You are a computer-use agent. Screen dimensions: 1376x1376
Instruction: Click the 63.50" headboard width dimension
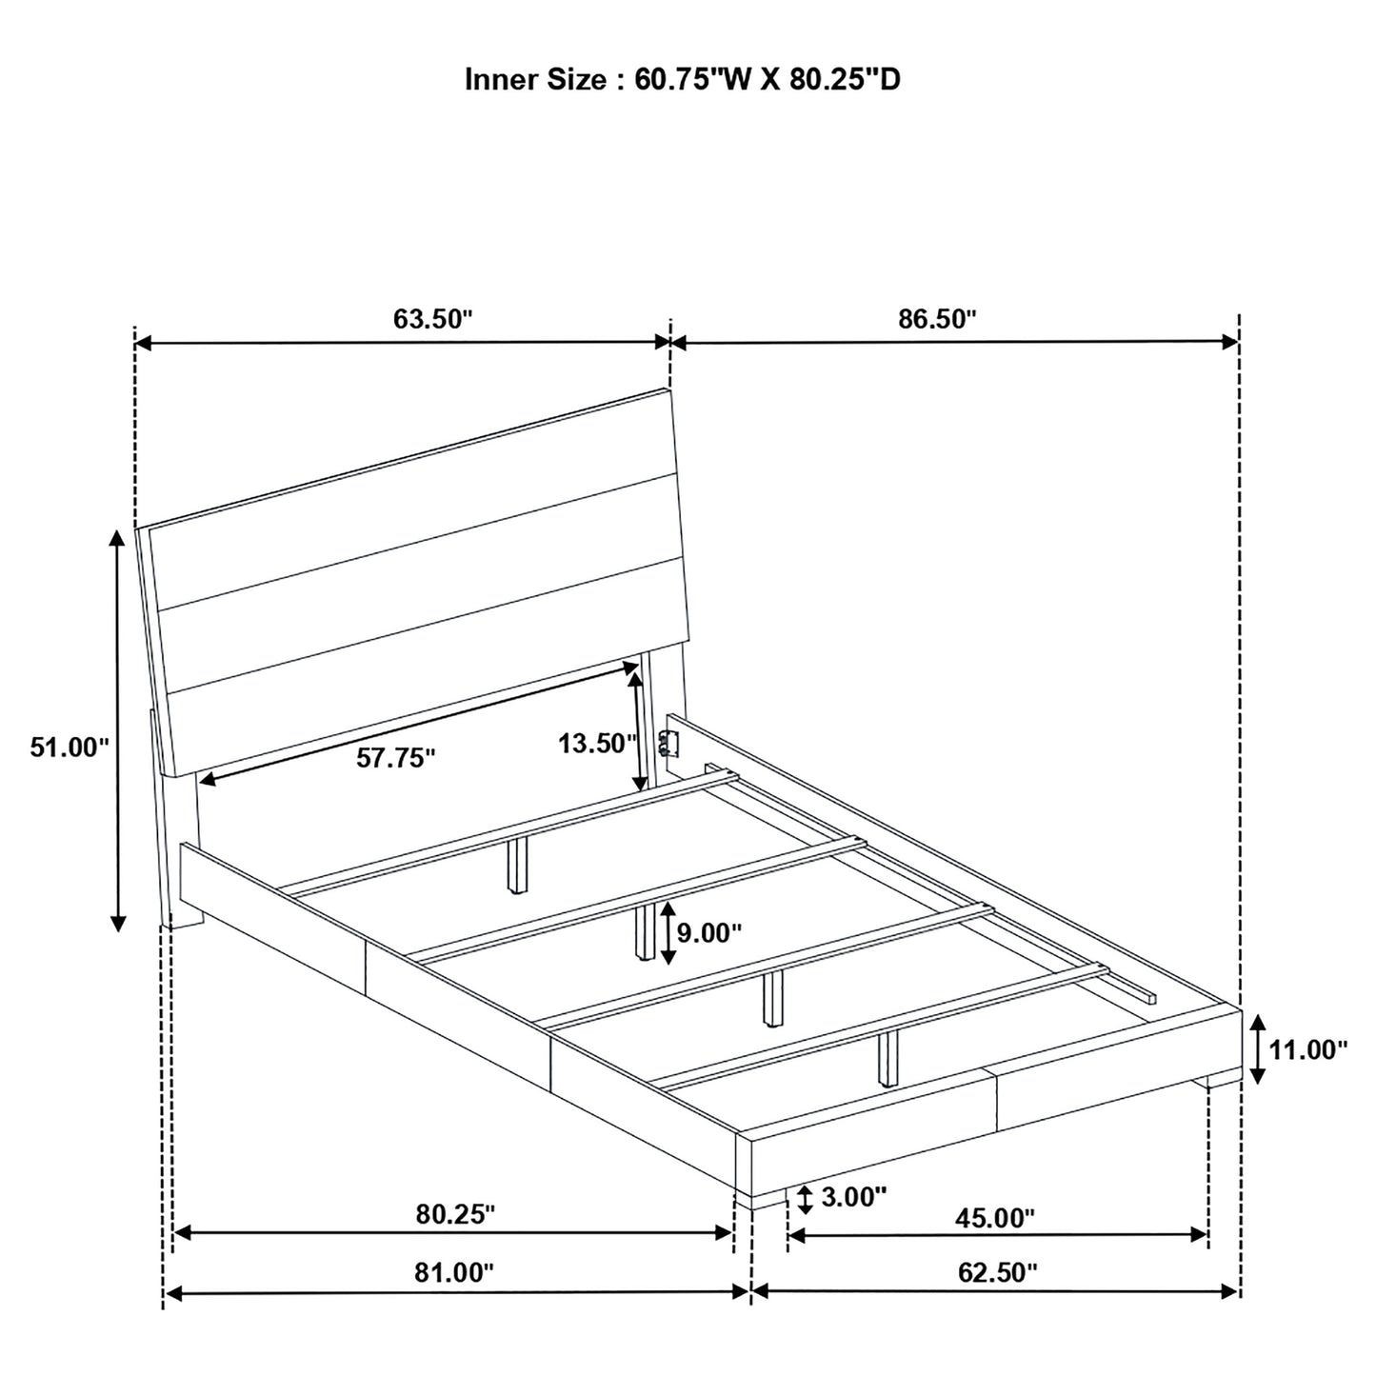432,318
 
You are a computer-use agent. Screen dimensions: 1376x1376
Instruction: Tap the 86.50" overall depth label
937,318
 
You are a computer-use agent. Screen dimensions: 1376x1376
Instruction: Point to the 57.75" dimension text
395,758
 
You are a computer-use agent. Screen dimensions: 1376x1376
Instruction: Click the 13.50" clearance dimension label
598,744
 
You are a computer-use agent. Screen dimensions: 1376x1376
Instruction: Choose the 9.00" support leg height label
709,932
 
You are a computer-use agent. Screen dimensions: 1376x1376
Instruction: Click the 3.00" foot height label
854,1196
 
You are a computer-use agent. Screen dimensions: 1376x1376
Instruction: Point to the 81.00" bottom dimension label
454,1272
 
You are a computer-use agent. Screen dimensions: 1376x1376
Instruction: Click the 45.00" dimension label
995,1218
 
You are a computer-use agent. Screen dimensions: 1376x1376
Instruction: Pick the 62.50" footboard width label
998,1272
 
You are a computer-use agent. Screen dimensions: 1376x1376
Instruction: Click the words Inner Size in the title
535,79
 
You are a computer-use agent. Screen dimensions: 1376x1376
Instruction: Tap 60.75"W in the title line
692,79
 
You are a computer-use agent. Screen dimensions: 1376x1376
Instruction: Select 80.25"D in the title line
845,79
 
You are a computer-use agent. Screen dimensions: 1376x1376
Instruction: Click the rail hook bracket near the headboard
667,745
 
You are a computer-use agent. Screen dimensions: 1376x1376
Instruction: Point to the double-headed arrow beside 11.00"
1258,1049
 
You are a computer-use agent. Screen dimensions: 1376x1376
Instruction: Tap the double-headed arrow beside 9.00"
668,933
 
